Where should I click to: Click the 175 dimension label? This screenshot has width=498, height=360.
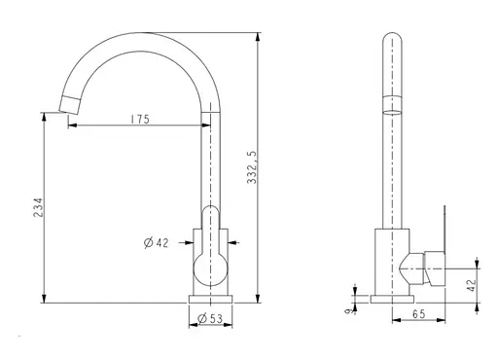pyautogui.click(x=140, y=119)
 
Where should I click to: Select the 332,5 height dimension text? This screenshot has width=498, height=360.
pyautogui.click(x=252, y=167)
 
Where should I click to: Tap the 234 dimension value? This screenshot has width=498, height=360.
pyautogui.click(x=38, y=207)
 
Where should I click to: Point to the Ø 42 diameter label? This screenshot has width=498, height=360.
pyautogui.click(x=157, y=242)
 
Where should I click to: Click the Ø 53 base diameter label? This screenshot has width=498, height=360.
pyautogui.click(x=210, y=319)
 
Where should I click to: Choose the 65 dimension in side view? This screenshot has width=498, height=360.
pyautogui.click(x=418, y=314)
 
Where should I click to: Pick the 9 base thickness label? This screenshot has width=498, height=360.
pyautogui.click(x=349, y=311)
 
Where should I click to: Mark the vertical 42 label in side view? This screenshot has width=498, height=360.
pyautogui.click(x=473, y=285)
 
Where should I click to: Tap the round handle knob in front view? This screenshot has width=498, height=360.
pyautogui.click(x=210, y=269)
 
